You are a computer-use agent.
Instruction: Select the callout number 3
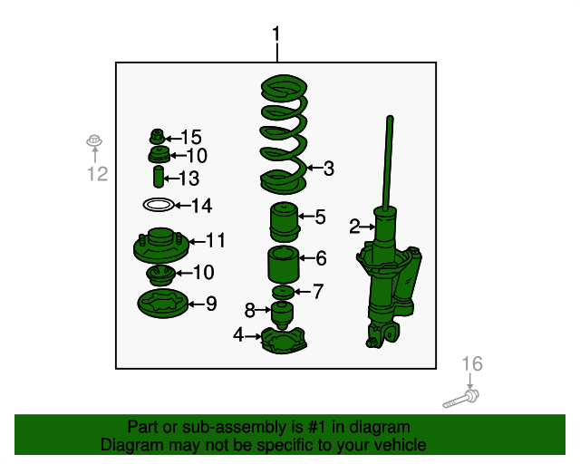coord(328,169)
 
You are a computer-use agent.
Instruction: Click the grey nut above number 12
coord(94,140)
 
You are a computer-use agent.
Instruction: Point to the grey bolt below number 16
coord(461,399)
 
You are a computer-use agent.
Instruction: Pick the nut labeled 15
coord(157,137)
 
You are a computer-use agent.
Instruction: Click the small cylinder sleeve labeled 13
coord(159,177)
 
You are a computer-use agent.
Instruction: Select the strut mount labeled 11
coord(161,246)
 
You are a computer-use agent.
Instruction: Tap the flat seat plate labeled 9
coord(163,304)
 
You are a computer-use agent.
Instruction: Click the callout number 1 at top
coord(276,34)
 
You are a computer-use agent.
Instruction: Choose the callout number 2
coord(354,227)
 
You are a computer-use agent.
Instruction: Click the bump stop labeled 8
coord(282,314)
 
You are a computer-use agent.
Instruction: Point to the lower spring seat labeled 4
coord(284,341)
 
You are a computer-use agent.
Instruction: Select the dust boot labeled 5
coord(284,222)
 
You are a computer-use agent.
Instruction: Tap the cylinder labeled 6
coord(284,265)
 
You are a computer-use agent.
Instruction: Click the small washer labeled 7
coord(284,293)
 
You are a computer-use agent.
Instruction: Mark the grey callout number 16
coord(472,363)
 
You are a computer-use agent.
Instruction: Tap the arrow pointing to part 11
coord(198,242)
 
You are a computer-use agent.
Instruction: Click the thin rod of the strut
coord(388,163)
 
